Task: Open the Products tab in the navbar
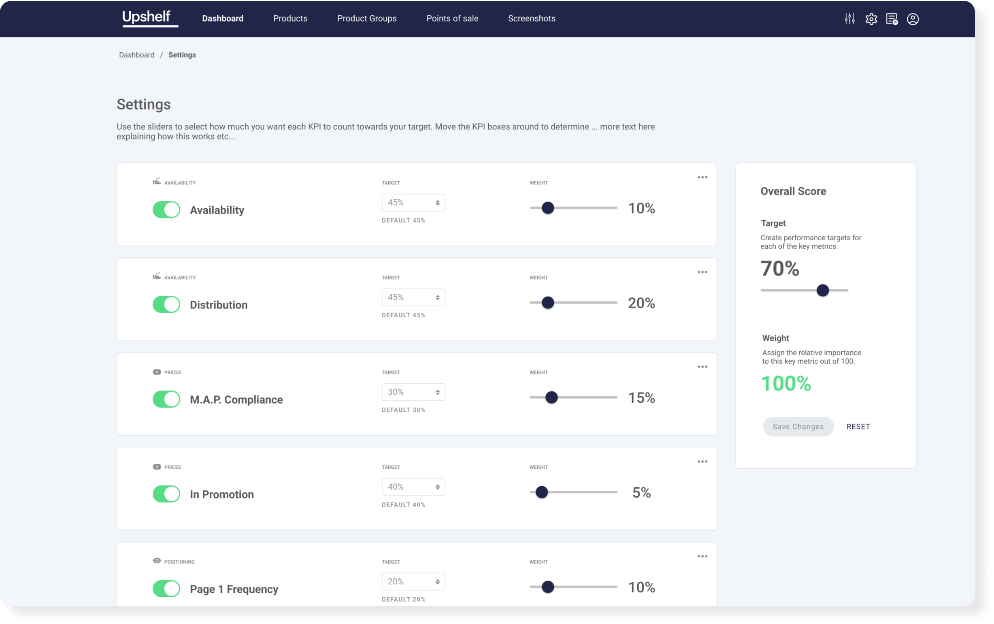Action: pos(290,19)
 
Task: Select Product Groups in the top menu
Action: pos(366,19)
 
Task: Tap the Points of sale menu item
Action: pos(452,19)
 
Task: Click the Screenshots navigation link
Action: pos(532,19)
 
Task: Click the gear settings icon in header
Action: pos(871,19)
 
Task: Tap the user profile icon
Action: pos(912,19)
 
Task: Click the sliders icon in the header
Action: pos(849,19)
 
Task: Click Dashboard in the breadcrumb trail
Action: pos(136,55)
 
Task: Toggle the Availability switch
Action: pos(166,209)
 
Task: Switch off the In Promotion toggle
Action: pos(166,494)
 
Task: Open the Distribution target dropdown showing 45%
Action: pos(413,297)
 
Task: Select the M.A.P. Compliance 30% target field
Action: pos(413,392)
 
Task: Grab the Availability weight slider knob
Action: pos(547,208)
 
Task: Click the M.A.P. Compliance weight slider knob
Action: pos(551,397)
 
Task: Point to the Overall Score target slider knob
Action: pos(822,291)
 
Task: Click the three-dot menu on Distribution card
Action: pos(702,272)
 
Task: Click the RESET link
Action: pos(858,427)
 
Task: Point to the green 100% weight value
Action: pos(786,383)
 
